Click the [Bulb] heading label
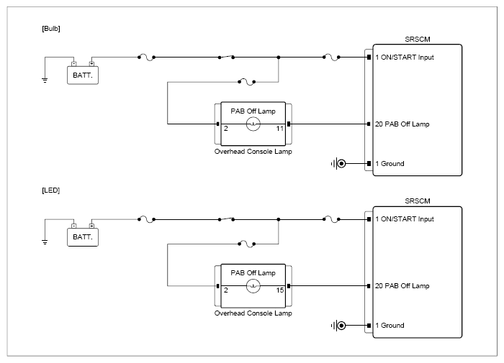point(51,29)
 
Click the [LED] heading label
point(51,190)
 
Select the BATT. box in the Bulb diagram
point(83,75)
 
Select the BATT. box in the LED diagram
point(83,237)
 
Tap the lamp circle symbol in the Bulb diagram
point(253,124)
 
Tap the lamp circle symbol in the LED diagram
point(253,285)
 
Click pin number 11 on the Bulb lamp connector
point(279,129)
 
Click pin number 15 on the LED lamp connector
point(279,290)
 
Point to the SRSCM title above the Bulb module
point(417,39)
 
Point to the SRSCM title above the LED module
point(417,201)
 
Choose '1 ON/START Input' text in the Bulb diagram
point(405,58)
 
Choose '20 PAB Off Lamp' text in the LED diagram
point(402,285)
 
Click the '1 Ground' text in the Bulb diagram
point(390,164)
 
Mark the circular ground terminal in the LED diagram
point(342,326)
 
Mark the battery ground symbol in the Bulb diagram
point(45,80)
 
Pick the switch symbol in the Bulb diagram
point(226,57)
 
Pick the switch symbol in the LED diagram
point(226,219)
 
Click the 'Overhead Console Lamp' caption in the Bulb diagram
point(253,152)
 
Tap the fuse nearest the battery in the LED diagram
point(147,219)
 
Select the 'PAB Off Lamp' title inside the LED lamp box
point(253,273)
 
